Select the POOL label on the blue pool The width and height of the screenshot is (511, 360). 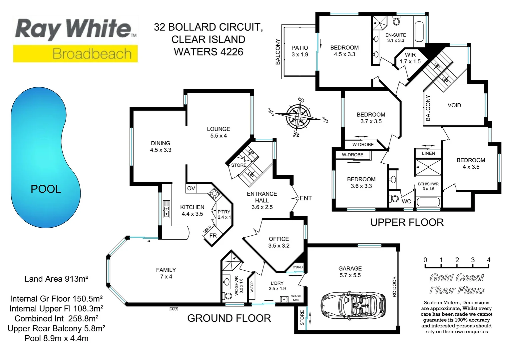[x=46, y=189]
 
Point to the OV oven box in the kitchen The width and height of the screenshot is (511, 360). [x=191, y=188]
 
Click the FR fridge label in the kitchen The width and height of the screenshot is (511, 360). [x=213, y=236]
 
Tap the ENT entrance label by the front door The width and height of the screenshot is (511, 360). [x=305, y=198]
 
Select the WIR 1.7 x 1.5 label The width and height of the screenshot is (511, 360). [x=410, y=58]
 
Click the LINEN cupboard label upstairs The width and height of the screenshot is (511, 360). [x=428, y=153]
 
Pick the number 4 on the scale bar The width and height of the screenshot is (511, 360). [x=488, y=260]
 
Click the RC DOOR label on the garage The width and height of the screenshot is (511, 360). [x=394, y=287]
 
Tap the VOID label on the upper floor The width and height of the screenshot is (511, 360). [x=454, y=105]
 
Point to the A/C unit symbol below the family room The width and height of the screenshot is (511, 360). [x=174, y=309]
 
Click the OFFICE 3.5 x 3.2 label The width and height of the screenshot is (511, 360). [x=279, y=242]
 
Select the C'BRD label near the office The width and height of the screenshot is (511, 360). [x=297, y=267]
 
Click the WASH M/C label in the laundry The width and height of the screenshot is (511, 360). [x=296, y=298]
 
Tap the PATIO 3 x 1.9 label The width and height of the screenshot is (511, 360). [x=300, y=51]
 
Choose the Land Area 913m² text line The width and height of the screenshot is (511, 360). [x=56, y=279]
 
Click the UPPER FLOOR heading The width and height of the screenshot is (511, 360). [x=407, y=222]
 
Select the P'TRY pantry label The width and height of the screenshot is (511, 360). [x=224, y=214]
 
